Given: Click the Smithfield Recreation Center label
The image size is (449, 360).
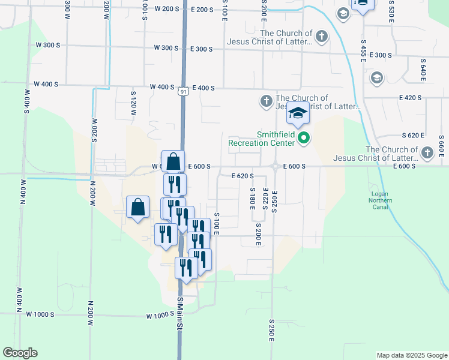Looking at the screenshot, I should (x=262, y=139).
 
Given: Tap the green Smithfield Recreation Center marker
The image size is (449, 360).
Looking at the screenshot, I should (x=304, y=139).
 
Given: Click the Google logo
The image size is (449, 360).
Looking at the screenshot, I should (x=20, y=353).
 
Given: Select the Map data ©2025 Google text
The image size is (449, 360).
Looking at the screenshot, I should (x=411, y=355).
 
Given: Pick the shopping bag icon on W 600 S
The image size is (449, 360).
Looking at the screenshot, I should (x=173, y=162).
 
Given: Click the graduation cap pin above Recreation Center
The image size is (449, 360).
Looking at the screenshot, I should (x=298, y=113).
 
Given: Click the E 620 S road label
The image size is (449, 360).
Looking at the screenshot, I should (x=243, y=176).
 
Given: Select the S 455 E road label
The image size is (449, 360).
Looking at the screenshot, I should (x=363, y=50).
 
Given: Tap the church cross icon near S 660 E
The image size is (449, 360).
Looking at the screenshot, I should (x=427, y=152).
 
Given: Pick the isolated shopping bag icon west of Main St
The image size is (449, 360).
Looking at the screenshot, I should (x=138, y=208).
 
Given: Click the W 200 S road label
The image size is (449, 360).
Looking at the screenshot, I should (x=167, y=9).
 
